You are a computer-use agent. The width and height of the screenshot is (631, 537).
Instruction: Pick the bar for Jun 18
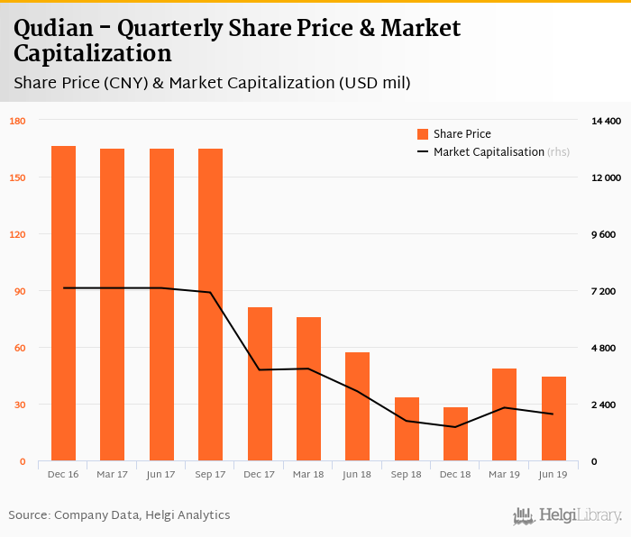pyautogui.click(x=357, y=406)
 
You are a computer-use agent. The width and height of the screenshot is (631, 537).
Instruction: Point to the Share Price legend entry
pyautogui.click(x=461, y=134)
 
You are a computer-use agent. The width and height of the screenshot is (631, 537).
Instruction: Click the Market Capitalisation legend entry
pyautogui.click(x=488, y=152)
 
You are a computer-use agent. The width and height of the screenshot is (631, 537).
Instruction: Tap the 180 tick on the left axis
pyautogui.click(x=17, y=121)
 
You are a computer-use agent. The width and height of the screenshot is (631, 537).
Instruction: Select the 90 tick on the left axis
pyautogui.click(x=19, y=291)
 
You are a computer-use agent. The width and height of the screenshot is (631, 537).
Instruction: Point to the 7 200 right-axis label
pyautogui.click(x=603, y=291)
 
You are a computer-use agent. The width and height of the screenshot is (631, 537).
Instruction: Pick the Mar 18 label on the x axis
pyautogui.click(x=308, y=474)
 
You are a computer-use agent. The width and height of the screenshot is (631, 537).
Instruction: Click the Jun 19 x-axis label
pyautogui.click(x=553, y=474)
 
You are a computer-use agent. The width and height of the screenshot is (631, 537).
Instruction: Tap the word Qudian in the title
pyautogui.click(x=56, y=28)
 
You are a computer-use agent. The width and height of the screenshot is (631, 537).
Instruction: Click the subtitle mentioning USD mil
pyautogui.click(x=212, y=84)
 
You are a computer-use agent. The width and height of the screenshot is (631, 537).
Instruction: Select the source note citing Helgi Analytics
pyautogui.click(x=119, y=515)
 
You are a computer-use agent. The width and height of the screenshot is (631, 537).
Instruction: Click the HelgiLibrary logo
pyautogui.click(x=567, y=515)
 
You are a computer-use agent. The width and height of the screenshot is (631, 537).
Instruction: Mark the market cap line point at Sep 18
pyautogui.click(x=406, y=421)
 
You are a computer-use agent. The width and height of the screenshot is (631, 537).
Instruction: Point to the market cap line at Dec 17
pyautogui.click(x=260, y=369)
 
